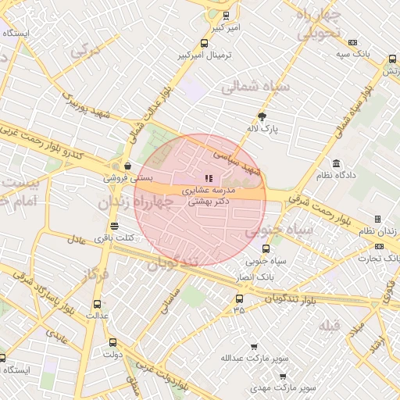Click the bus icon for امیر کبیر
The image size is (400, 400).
(227, 15)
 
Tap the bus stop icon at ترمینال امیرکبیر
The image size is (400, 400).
(204, 44)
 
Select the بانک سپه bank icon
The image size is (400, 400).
(352, 42)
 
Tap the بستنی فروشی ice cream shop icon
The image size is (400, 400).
(127, 166)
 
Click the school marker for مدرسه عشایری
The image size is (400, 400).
(208, 179)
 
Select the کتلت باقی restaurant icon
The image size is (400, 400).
(115, 225)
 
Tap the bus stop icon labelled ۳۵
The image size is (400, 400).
(239, 298)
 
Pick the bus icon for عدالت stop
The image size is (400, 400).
(97, 304)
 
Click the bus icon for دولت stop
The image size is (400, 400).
(113, 341)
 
